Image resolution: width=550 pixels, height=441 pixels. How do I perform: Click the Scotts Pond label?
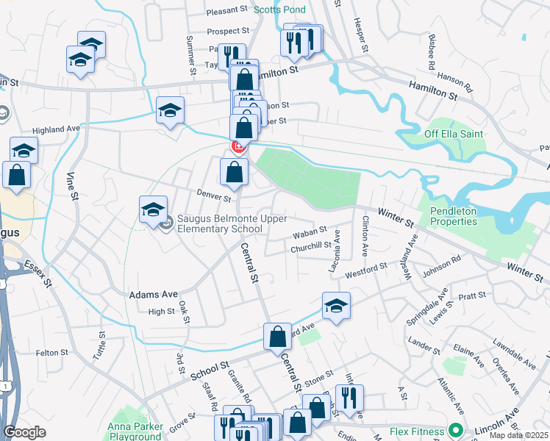click(279, 10)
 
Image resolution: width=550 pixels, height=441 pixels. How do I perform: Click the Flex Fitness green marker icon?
click(455, 431)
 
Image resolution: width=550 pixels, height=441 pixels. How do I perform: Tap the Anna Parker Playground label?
click(136, 431)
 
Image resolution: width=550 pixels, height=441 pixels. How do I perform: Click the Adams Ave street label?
click(154, 295)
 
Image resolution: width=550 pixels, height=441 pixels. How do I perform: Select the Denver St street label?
click(213, 197)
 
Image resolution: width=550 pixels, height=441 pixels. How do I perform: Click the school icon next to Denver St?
click(154, 209)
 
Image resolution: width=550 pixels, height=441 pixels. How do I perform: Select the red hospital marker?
click(238, 147)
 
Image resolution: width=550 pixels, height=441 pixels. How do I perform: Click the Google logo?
click(25, 432)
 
